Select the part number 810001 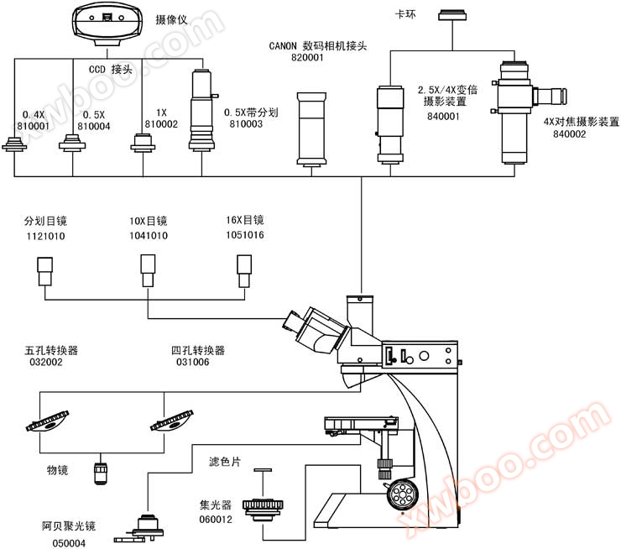(34, 125)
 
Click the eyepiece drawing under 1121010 (45, 271)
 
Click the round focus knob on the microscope (404, 493)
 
